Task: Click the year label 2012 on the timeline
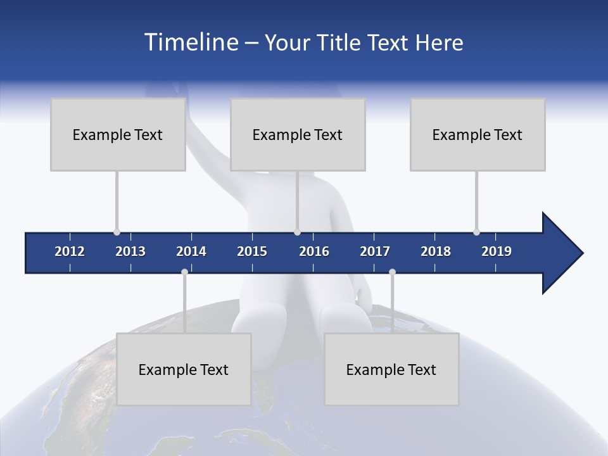(70, 251)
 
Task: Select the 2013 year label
(130, 251)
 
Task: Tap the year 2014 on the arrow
(191, 251)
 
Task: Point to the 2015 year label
(252, 251)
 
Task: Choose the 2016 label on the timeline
(314, 251)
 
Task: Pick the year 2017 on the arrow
(375, 251)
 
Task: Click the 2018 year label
(436, 251)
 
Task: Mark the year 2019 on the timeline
(497, 251)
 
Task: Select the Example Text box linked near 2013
(118, 134)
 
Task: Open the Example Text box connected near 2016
(298, 134)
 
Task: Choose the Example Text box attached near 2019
(478, 134)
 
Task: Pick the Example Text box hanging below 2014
(184, 369)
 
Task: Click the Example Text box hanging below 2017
(391, 369)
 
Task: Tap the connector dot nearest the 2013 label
(117, 232)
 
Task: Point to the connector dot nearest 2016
(297, 232)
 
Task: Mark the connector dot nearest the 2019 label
(476, 232)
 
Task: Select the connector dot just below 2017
(392, 272)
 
